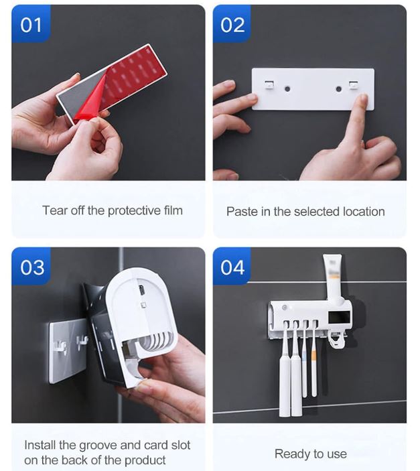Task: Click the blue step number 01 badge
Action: [31, 25]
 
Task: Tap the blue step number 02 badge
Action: [232, 25]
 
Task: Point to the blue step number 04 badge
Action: [232, 267]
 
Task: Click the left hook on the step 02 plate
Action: [268, 86]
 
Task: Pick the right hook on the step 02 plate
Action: [353, 86]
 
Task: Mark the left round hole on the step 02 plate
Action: [287, 88]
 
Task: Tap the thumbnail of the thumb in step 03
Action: [143, 385]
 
